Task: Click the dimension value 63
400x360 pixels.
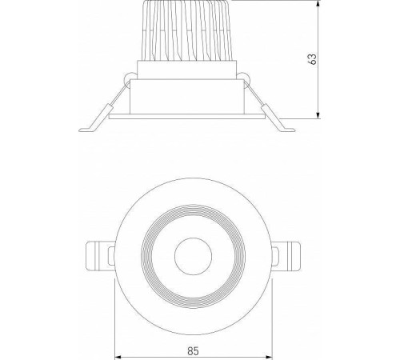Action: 313,58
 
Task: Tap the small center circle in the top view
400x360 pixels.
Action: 191,257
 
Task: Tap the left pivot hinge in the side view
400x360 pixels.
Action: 128,78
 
